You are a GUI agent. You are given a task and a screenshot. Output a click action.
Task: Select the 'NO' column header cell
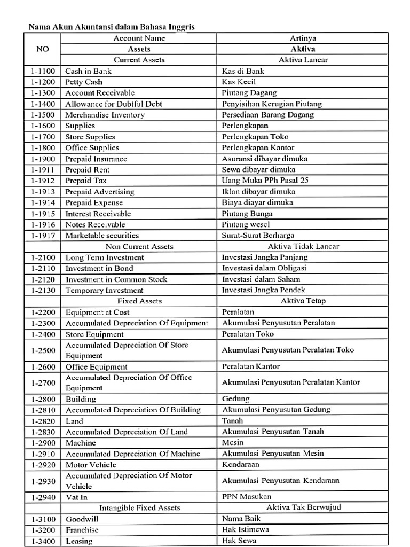coord(42,49)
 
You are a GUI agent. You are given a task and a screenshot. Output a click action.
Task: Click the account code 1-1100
coord(42,71)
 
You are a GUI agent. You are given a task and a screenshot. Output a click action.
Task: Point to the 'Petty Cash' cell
coord(84,82)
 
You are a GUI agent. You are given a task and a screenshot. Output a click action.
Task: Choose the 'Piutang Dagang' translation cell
coord(249,93)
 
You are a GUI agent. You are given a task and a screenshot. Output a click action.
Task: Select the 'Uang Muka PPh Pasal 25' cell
coord(265,181)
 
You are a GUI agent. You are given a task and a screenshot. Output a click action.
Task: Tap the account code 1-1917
coord(42,236)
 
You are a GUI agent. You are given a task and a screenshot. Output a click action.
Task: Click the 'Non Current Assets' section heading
coord(139,246)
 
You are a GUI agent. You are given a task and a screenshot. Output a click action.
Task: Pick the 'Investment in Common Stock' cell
coord(116,279)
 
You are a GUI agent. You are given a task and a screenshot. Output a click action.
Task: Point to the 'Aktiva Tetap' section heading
coord(303,301)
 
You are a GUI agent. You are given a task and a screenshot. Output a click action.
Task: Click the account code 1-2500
coord(42,350)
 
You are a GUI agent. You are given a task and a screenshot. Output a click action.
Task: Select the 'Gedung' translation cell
coord(236,399)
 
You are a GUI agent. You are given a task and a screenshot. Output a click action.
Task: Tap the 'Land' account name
coord(75,421)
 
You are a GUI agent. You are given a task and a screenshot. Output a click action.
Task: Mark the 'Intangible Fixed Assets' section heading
coord(139,507)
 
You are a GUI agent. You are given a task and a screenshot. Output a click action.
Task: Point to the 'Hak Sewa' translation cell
coord(239,541)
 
